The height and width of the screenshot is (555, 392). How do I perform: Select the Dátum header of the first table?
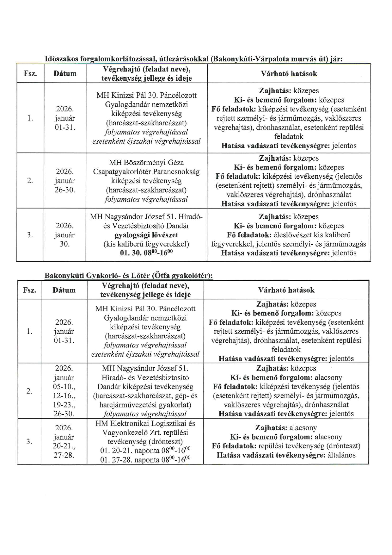coord(65,74)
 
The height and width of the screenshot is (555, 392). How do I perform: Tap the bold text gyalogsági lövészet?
coord(146,235)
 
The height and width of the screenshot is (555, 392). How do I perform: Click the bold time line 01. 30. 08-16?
coord(146,253)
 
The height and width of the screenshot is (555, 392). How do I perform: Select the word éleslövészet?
coord(292,235)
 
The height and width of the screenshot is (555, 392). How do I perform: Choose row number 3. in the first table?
coord(30,235)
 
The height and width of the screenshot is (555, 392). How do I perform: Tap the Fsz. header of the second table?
coord(29,290)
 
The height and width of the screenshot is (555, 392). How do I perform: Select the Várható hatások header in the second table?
coord(286,290)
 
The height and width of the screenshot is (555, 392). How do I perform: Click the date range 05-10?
coord(64,387)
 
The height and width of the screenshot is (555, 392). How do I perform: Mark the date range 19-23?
coord(64,405)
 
